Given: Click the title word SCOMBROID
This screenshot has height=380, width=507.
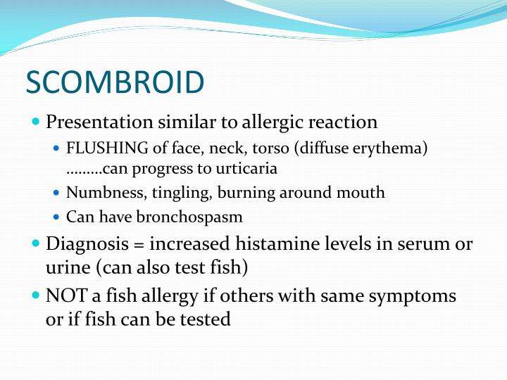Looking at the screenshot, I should click(115, 83).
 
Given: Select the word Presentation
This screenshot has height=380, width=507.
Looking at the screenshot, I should click(99, 122).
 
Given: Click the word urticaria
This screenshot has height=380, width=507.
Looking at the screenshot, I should click(247, 169).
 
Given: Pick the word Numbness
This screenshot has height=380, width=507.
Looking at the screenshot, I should click(96, 192).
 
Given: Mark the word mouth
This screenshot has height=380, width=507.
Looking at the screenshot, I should click(363, 192).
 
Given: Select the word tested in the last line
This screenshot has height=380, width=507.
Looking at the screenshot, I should click(204, 319).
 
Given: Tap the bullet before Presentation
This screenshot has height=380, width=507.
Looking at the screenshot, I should click(37, 122).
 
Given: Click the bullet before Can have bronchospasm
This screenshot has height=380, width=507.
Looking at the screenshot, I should click(57, 217).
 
